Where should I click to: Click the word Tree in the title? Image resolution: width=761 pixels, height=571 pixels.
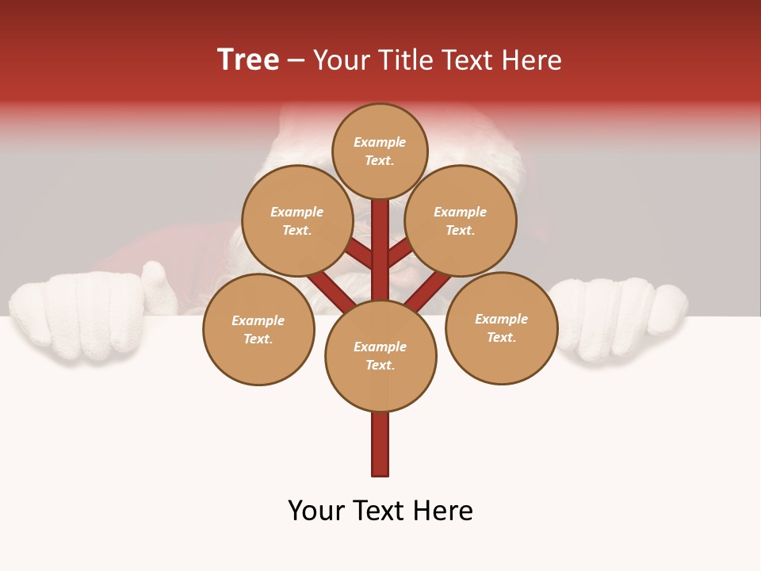pyautogui.click(x=248, y=60)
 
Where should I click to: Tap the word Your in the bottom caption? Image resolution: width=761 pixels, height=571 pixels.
pyautogui.click(x=316, y=511)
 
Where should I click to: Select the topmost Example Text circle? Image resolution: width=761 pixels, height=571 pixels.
pyautogui.click(x=380, y=151)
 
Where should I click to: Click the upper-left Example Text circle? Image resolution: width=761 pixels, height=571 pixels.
pyautogui.click(x=297, y=220)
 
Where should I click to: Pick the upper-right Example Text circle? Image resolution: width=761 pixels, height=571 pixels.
pyautogui.click(x=461, y=220)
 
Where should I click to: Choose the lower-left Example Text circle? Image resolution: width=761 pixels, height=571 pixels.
pyautogui.click(x=258, y=329)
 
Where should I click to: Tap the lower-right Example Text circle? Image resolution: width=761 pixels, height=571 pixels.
pyautogui.click(x=501, y=328)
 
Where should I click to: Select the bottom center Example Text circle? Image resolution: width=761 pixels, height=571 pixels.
pyautogui.click(x=380, y=355)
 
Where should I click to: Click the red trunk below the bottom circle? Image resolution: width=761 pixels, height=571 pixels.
pyautogui.click(x=380, y=444)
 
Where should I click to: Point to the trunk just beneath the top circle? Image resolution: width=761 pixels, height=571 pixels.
pyautogui.click(x=380, y=226)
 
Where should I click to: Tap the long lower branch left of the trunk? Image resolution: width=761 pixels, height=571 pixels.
pyautogui.click(x=329, y=289)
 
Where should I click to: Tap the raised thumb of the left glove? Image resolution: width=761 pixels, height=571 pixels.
pyautogui.click(x=159, y=285)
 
